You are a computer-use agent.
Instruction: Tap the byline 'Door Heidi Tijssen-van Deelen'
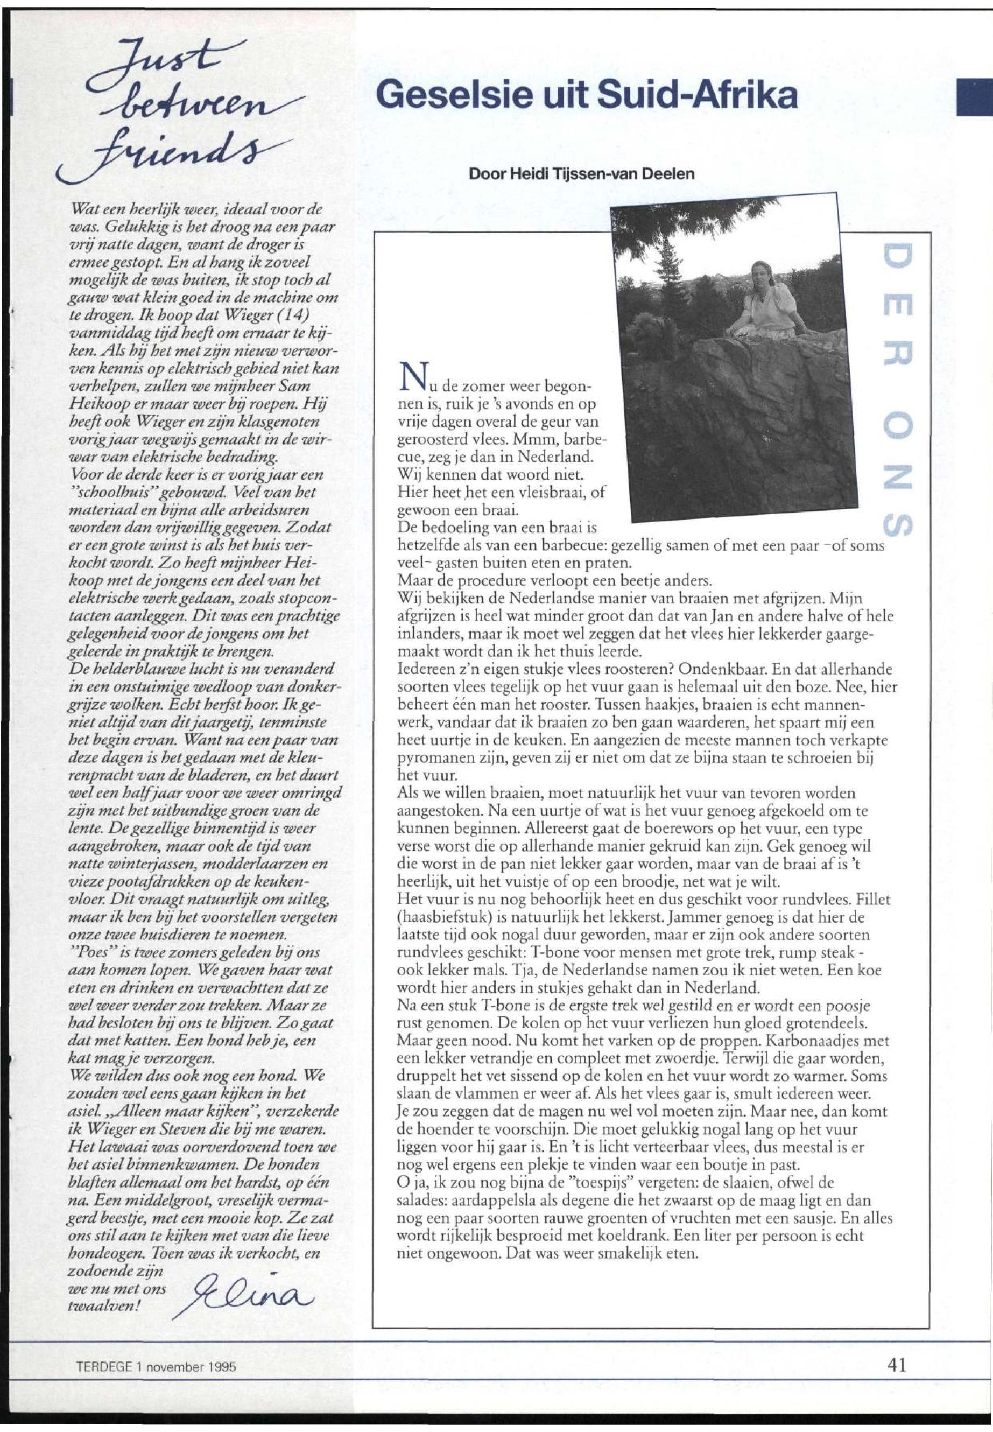582,174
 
